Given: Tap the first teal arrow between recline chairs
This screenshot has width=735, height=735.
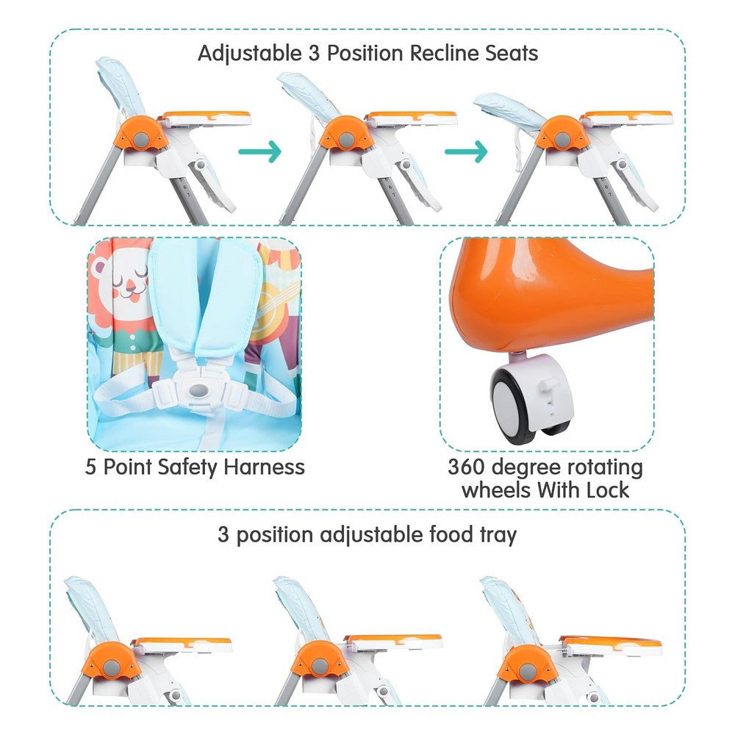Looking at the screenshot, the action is [x=259, y=151].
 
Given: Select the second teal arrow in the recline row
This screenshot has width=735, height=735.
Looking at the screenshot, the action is [x=466, y=151].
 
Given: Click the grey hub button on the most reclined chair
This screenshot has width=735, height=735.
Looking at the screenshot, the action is [x=562, y=139].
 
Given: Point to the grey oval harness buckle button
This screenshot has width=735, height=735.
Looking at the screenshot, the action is [x=200, y=390].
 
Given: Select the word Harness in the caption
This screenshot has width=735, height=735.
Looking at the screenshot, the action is [x=265, y=467].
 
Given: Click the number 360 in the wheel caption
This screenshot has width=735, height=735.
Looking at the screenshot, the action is [x=466, y=467].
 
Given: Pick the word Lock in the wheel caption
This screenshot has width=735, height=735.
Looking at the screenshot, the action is [x=607, y=490].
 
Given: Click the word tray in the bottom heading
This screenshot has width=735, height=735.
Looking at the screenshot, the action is [x=498, y=535].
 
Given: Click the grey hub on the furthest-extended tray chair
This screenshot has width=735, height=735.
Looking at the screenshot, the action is [x=528, y=673].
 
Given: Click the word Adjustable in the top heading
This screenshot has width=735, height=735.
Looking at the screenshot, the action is [x=250, y=54].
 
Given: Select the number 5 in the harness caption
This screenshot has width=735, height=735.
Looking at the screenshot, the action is [x=90, y=467].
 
